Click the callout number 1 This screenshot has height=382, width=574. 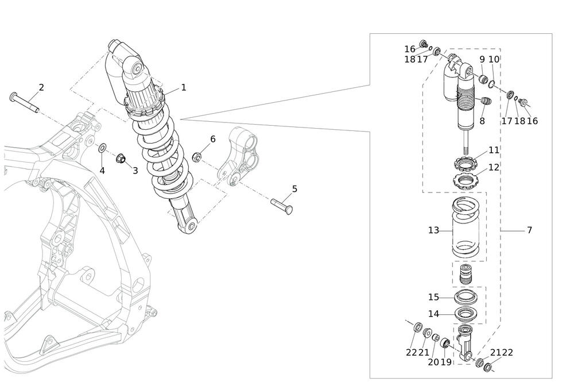click(184, 88)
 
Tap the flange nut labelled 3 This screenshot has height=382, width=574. click(121, 158)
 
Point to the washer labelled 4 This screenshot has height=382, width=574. click(102, 149)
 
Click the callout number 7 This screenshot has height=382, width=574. click(529, 230)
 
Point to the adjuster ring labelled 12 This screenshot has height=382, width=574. click(466, 180)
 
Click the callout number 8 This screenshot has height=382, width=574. click(482, 121)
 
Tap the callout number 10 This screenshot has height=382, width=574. click(494, 59)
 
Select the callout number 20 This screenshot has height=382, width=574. click(433, 362)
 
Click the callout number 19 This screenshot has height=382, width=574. click(446, 362)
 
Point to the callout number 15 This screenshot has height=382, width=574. click(433, 298)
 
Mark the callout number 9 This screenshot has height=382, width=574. click(482, 59)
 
